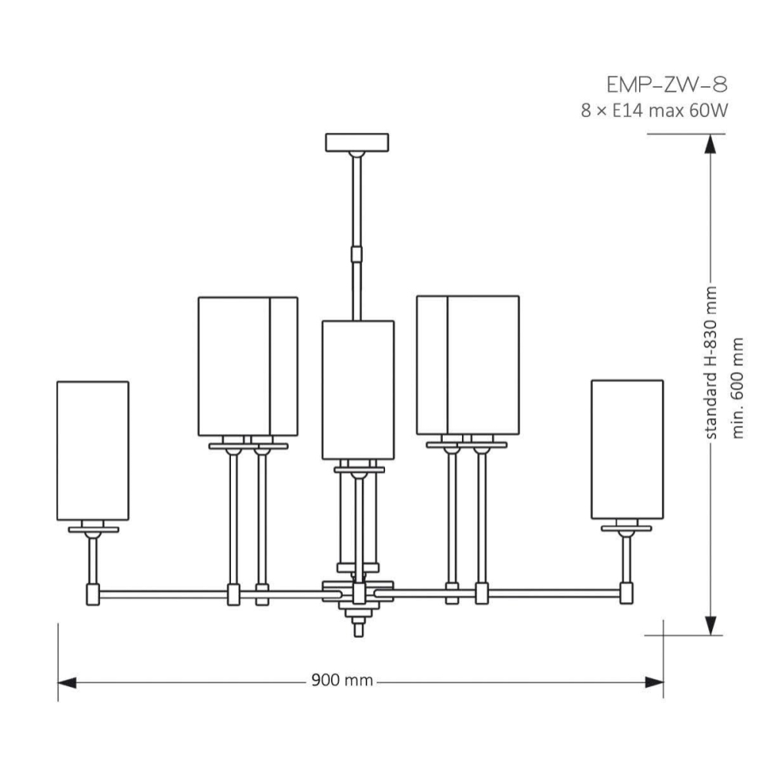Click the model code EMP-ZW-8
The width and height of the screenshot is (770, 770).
[666, 85]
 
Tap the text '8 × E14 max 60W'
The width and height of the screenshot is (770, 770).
[654, 111]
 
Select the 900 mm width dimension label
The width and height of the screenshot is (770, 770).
[343, 681]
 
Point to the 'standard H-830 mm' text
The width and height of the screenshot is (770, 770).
[711, 363]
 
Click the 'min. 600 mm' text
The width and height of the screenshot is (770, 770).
[738, 388]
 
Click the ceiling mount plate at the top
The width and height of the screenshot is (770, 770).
[357, 142]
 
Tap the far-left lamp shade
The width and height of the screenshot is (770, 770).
[93, 450]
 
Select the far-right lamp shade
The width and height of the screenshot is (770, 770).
[627, 450]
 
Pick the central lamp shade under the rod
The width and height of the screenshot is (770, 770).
[358, 390]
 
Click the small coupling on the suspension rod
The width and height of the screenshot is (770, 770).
[357, 255]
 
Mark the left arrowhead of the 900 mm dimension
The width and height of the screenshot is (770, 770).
[67, 682]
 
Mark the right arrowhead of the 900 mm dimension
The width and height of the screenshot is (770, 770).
[654, 682]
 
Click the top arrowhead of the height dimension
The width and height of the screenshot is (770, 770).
[710, 144]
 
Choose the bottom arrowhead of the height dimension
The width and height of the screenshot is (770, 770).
[710, 625]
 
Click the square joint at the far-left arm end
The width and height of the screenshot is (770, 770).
[93, 594]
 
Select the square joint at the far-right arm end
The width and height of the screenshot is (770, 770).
[626, 593]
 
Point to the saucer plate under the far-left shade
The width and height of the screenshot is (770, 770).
[93, 530]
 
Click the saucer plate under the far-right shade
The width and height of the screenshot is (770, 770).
[626, 528]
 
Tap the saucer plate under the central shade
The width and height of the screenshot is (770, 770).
[359, 470]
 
